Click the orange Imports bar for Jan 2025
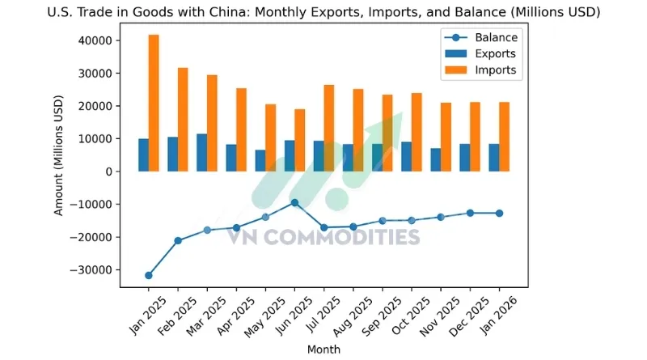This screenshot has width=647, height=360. [154, 103]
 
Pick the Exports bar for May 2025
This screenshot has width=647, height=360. [260, 160]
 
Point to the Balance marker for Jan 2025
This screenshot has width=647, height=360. [148, 275]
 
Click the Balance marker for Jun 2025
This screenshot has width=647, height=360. [294, 202]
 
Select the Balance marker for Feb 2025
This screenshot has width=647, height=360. [177, 240]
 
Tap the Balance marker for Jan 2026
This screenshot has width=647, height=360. [499, 213]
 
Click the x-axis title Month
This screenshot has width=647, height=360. [323, 349]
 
